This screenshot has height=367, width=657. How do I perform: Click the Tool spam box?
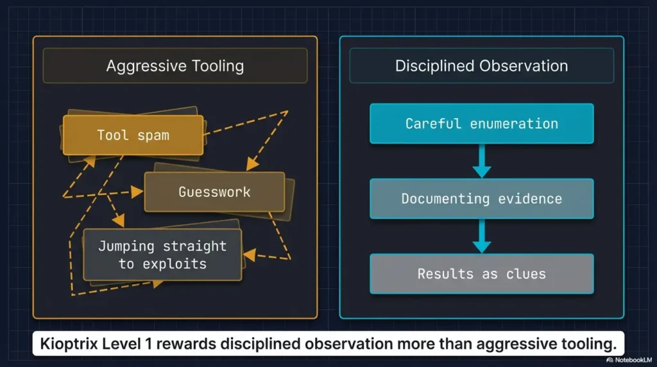point(133,135)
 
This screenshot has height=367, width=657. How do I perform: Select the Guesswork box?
point(214,192)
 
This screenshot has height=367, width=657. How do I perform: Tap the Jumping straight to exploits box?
point(162,255)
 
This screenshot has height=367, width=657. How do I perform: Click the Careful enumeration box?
point(482,124)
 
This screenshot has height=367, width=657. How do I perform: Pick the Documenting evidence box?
point(482,199)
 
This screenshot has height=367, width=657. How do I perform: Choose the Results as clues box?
point(482,273)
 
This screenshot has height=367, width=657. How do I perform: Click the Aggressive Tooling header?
point(175,66)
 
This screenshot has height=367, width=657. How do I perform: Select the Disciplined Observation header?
point(482,66)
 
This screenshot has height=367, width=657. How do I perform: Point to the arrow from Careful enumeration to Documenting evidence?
point(482,161)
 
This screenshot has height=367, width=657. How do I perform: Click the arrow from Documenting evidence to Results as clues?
point(482,236)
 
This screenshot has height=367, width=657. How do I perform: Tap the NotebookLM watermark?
point(629,360)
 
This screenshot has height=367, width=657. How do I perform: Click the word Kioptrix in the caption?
point(69,344)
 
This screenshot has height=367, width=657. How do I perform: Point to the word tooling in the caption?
point(590,345)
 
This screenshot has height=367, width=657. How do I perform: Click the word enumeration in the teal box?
point(514,124)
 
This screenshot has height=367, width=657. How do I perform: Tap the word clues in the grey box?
point(526,273)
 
